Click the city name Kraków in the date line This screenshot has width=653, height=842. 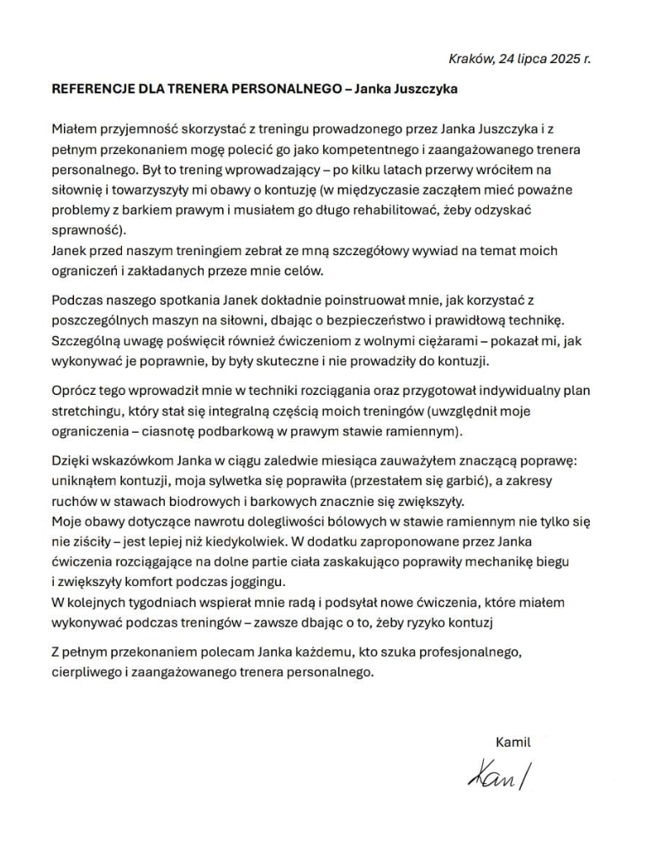[x=470, y=59]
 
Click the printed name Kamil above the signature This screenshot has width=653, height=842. [x=513, y=742]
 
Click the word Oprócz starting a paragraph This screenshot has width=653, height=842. [x=76, y=392]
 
